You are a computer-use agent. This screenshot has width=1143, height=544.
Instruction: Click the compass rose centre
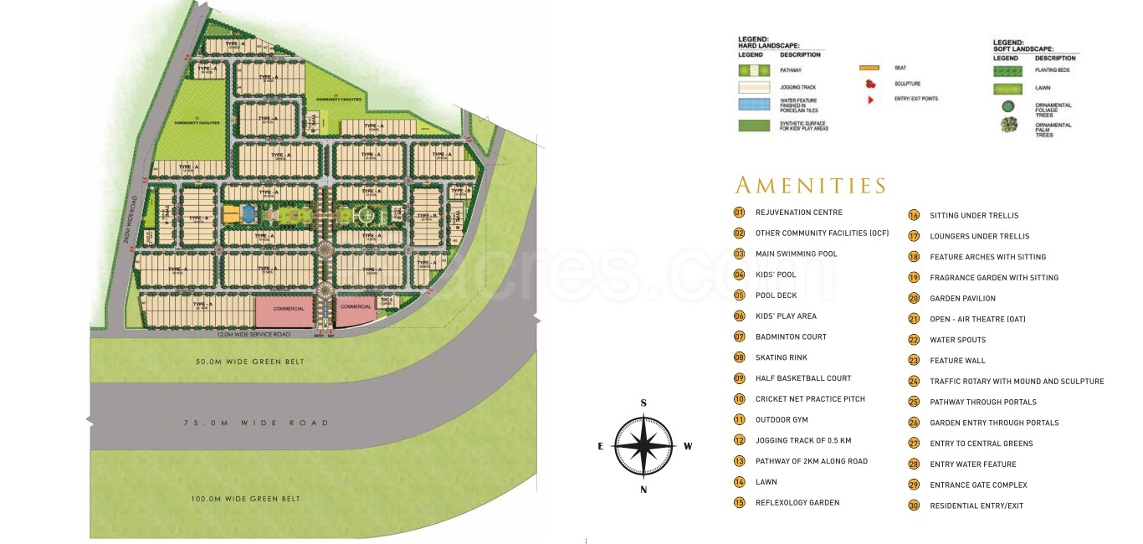[x=643, y=446]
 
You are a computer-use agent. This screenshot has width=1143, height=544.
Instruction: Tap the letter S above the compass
[x=643, y=403]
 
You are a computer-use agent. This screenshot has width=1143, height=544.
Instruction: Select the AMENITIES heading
[x=810, y=185]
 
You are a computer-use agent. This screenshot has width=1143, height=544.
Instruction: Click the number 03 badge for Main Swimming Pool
[x=739, y=254]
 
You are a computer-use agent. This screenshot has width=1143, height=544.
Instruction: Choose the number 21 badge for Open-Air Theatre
[x=914, y=319]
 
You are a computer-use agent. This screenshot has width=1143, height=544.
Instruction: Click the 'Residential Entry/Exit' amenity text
[x=976, y=506]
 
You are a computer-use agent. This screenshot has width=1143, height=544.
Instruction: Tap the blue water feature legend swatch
[x=754, y=105]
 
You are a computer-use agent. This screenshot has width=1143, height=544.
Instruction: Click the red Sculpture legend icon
[x=870, y=84]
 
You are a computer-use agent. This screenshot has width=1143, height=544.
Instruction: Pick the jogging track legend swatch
[x=754, y=87]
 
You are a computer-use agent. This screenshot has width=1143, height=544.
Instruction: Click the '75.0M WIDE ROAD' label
[x=256, y=423]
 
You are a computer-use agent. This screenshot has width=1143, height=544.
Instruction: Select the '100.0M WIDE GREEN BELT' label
[x=245, y=499]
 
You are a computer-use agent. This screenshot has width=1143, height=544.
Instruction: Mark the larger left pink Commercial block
[x=283, y=310]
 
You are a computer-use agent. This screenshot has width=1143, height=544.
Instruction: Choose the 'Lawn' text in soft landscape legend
[x=1043, y=88]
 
